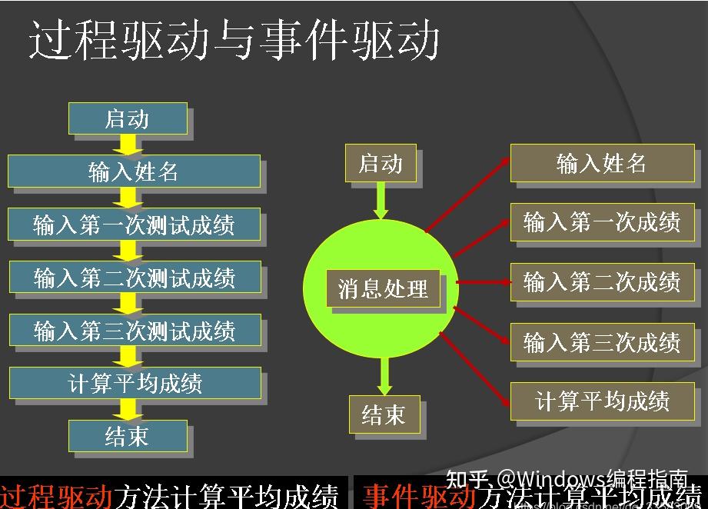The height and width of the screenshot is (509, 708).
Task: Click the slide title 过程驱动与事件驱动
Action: click(234, 40)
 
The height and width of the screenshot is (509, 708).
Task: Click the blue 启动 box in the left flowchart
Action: click(128, 119)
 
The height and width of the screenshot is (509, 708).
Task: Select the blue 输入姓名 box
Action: click(134, 171)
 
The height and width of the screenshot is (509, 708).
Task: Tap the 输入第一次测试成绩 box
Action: click(134, 225)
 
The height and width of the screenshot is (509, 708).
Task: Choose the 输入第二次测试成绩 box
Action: click(135, 278)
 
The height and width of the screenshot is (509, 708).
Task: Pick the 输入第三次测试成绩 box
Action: click(135, 331)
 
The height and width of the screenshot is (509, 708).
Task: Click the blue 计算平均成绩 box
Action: click(135, 384)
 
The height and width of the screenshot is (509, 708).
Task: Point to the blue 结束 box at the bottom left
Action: click(128, 436)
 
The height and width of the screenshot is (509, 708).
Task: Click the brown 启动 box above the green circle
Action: click(381, 163)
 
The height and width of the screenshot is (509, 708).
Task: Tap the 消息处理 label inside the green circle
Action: click(383, 289)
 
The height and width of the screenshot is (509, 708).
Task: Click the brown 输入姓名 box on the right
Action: click(601, 163)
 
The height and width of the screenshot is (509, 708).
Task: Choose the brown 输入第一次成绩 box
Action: click(601, 222)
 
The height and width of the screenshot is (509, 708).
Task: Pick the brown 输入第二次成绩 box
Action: click(601, 282)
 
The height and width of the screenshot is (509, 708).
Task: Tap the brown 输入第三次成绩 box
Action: click(601, 341)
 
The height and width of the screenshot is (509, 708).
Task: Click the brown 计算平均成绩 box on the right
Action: click(601, 401)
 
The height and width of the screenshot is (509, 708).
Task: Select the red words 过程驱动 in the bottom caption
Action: click(57, 496)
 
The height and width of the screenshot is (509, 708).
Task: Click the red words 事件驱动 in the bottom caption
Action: click(420, 496)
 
